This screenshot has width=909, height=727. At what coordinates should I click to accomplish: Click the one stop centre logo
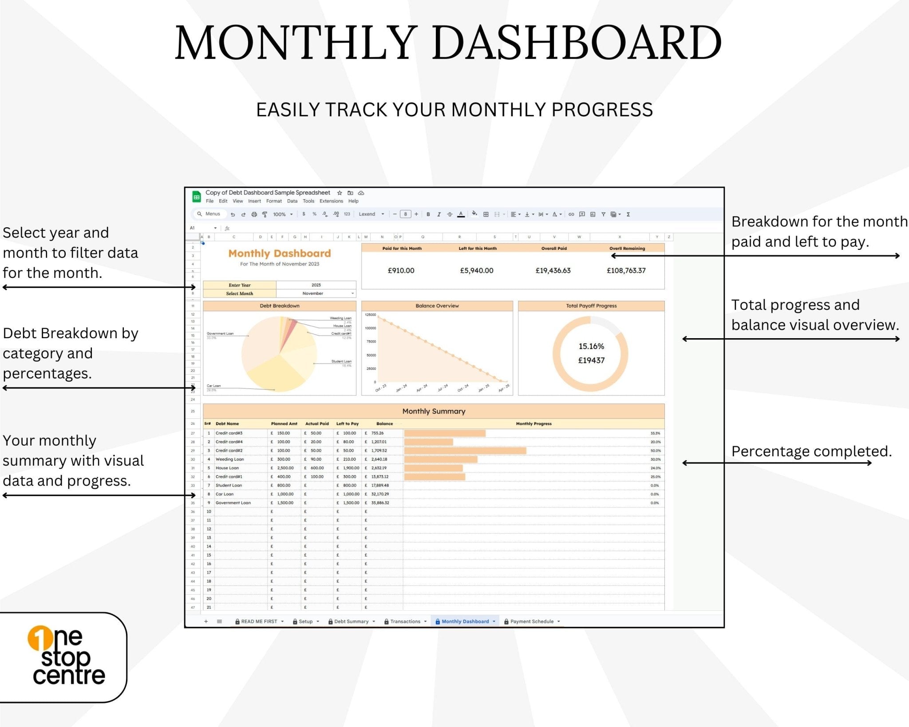pyautogui.click(x=67, y=656)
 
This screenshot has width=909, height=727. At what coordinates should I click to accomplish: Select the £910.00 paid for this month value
pyautogui.click(x=401, y=270)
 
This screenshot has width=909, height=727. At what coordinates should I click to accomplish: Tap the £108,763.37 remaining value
pyautogui.click(x=626, y=270)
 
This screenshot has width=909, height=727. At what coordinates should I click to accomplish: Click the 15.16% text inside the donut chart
pyautogui.click(x=591, y=346)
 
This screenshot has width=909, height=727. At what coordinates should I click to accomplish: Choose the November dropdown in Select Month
pyautogui.click(x=316, y=293)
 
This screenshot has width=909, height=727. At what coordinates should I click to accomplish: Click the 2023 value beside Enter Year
pyautogui.click(x=316, y=285)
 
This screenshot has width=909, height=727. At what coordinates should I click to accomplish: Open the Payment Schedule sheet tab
pyautogui.click(x=532, y=621)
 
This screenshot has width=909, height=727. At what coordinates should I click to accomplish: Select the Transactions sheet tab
pyautogui.click(x=405, y=621)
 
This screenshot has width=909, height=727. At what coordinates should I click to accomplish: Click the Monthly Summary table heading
pyautogui.click(x=434, y=411)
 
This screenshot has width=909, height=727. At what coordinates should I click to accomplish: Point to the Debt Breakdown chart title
pyautogui.click(x=280, y=306)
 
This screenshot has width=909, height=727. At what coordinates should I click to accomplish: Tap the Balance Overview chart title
pyautogui.click(x=437, y=306)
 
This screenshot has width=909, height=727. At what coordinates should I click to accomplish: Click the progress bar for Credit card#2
pyautogui.click(x=465, y=450)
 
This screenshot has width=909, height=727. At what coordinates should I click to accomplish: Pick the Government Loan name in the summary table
pyautogui.click(x=233, y=503)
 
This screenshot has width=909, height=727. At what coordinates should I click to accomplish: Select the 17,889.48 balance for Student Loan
pyautogui.click(x=380, y=485)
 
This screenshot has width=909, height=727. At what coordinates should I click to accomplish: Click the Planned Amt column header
pyautogui.click(x=284, y=423)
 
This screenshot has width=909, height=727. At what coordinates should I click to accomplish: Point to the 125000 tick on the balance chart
pyautogui.click(x=370, y=315)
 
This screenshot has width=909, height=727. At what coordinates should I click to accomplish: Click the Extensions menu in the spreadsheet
pyautogui.click(x=331, y=201)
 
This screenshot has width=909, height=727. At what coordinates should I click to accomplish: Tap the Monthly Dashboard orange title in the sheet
pyautogui.click(x=280, y=253)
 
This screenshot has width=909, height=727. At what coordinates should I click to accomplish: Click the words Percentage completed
pyautogui.click(x=811, y=451)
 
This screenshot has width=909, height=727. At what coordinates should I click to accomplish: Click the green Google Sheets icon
pyautogui.click(x=196, y=197)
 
